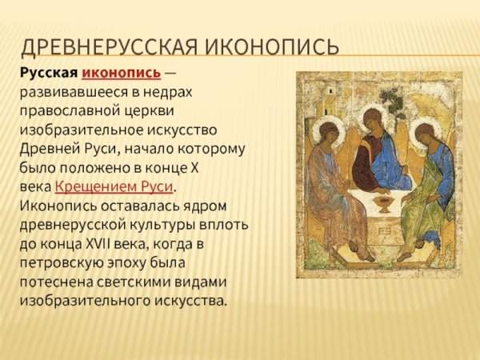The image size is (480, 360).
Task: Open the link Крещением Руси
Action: click(114, 187)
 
